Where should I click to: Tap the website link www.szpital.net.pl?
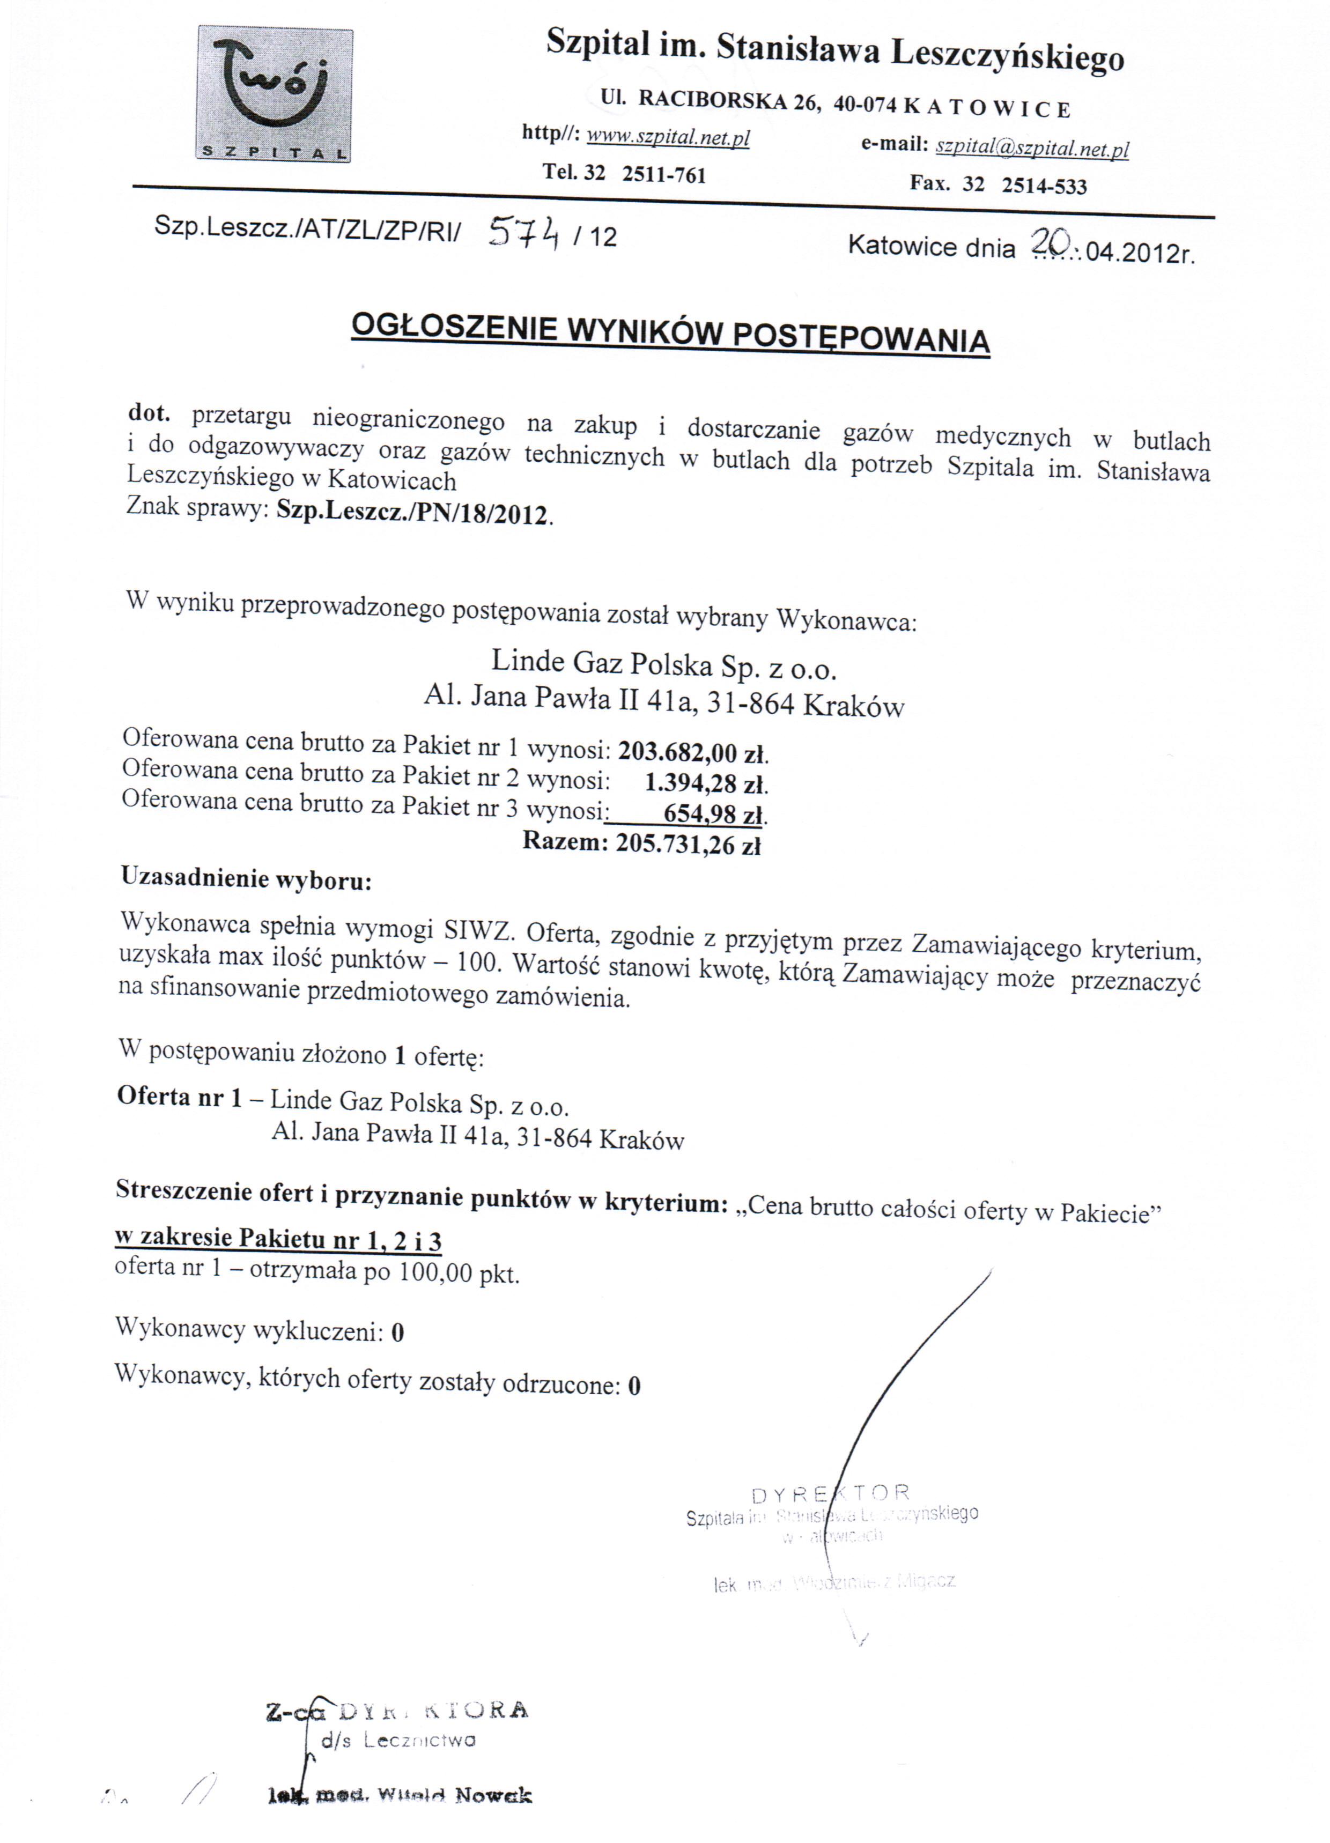tap(668, 137)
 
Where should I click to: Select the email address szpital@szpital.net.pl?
tap(1032, 148)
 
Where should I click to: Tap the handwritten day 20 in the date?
tap(1053, 239)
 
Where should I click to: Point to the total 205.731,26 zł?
tap(688, 845)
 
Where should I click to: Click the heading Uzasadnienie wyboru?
tap(246, 878)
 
